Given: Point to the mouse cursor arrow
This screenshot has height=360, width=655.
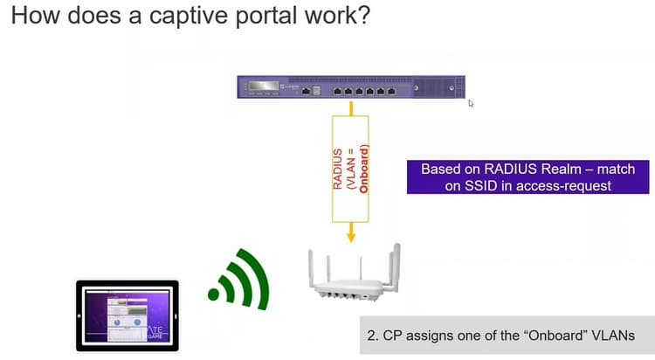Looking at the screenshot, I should [472, 103].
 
